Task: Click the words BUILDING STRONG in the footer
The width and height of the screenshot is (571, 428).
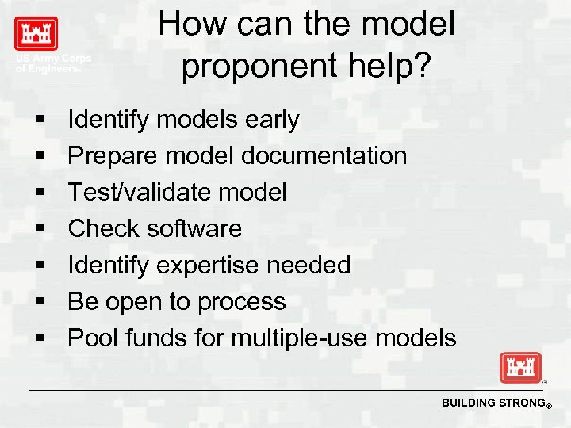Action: [x=491, y=403]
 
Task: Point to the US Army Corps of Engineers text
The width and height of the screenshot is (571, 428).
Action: [x=53, y=63]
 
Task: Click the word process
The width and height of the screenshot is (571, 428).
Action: [x=242, y=302]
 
